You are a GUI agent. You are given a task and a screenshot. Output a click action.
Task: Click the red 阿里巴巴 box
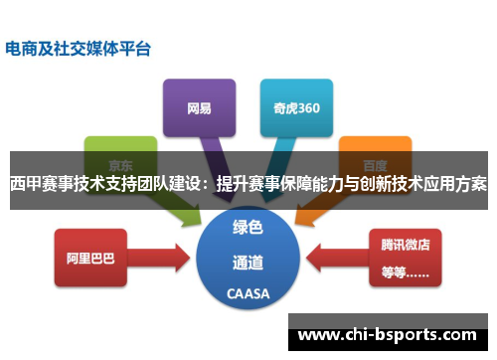[x=90, y=258]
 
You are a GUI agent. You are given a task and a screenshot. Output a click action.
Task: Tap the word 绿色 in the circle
[x=248, y=227]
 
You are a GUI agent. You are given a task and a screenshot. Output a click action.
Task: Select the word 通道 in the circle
[x=248, y=263]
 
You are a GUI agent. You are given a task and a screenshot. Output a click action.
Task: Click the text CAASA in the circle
[x=248, y=293]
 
